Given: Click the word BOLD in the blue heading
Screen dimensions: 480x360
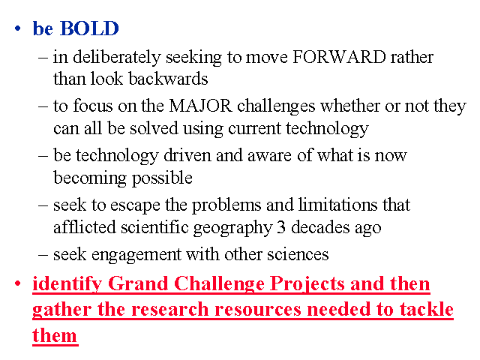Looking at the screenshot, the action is (89, 28).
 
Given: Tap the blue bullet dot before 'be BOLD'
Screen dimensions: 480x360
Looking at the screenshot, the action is (18, 28).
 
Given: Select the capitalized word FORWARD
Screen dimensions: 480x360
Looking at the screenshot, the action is (339, 57).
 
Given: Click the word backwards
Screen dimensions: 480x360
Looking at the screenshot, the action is (168, 79).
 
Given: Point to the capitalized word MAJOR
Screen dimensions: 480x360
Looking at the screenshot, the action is (200, 106).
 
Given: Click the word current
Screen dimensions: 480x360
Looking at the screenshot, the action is (255, 129).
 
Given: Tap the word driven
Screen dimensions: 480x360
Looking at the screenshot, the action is (187, 155).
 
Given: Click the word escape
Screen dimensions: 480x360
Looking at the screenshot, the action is (135, 205).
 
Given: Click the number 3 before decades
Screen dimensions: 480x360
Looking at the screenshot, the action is (281, 227).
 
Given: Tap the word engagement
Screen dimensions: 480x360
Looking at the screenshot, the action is (136, 255).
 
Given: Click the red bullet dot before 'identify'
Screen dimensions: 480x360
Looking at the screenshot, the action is (18, 283).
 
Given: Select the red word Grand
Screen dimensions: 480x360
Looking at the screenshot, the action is (138, 283).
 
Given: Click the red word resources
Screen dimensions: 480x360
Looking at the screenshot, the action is (258, 310).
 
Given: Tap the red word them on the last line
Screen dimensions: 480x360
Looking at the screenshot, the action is (55, 335).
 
